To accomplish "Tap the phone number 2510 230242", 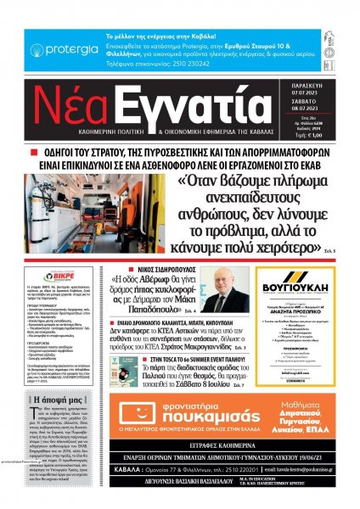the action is (175, 64).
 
